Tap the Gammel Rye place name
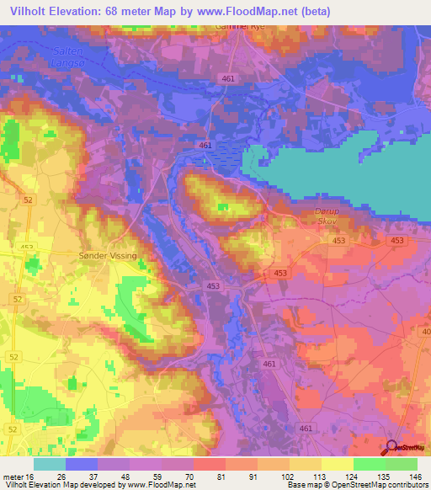[231, 27]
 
